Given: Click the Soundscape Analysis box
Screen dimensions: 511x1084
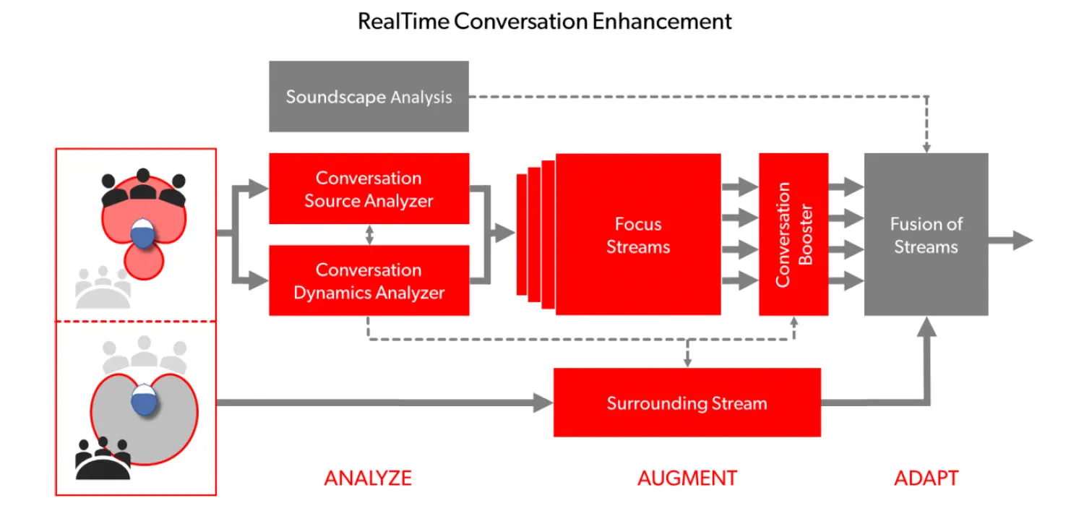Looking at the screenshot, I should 369,97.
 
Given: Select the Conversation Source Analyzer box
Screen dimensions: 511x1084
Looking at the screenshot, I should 369,189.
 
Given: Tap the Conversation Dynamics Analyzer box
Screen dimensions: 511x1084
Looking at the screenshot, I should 369,280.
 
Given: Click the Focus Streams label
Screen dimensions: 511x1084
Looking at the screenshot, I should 638,236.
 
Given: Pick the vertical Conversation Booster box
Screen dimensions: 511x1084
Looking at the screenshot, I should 793,234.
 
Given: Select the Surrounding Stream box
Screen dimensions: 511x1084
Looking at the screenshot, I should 687,403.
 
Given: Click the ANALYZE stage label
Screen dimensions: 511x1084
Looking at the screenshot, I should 368,478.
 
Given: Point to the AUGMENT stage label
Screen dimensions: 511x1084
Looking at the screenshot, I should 687,478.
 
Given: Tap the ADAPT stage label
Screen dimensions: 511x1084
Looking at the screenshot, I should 926,478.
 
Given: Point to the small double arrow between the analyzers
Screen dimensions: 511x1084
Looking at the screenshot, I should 369,235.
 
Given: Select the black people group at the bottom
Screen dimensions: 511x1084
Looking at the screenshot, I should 103,458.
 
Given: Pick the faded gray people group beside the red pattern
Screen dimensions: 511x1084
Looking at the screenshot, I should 103,288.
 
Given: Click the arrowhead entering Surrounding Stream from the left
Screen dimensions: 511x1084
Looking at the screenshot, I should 543,403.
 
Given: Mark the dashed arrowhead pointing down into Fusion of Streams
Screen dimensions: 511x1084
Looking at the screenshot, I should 926,147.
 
